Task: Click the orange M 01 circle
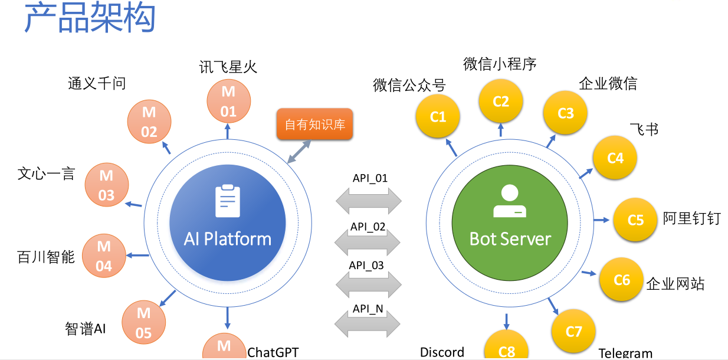(228, 101)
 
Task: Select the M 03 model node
(106, 185)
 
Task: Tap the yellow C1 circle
(438, 117)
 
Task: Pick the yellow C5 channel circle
(635, 220)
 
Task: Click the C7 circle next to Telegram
(573, 330)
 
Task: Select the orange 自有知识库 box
(314, 125)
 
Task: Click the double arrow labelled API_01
(369, 201)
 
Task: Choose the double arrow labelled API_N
(368, 322)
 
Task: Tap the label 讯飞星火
(228, 67)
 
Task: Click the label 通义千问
(97, 83)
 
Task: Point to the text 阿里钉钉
(691, 218)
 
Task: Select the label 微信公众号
(409, 85)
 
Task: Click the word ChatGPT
(273, 352)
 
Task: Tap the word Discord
(442, 352)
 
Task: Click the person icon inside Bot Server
(509, 201)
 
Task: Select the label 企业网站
(675, 283)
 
